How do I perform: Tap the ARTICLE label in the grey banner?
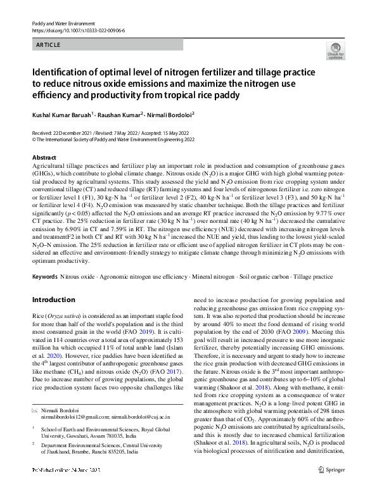[x=48, y=44]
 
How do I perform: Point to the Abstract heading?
[x=44, y=157]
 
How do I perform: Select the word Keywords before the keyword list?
[x=44, y=277]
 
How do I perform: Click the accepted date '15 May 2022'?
[x=182, y=132]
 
